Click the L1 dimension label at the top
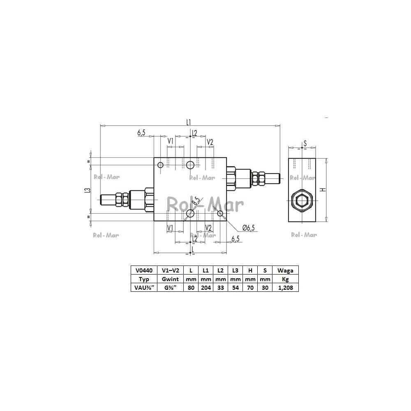coord(188,122)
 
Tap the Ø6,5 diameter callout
coord(249,228)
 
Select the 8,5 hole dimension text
coord(196,201)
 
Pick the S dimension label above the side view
coord(305,143)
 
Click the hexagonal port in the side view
coord(302,201)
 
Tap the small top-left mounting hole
coord(160,165)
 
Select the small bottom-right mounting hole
coord(220,213)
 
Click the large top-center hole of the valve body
coord(190,165)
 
